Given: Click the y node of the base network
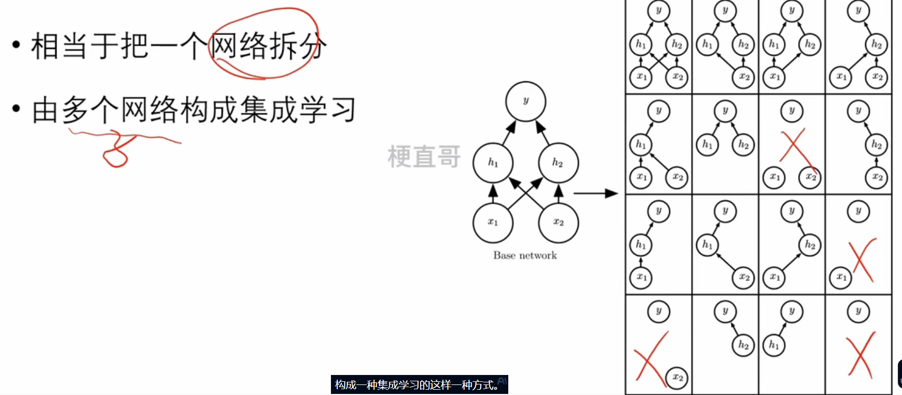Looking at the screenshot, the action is [525, 101].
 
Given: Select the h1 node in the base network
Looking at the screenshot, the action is [493, 162].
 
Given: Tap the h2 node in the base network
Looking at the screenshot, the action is [558, 162].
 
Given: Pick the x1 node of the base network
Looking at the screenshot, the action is [493, 222].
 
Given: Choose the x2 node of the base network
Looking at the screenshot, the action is [558, 222].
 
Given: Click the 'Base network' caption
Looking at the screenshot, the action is [525, 255].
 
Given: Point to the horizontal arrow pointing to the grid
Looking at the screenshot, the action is [595, 194].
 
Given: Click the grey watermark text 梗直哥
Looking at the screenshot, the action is [424, 157].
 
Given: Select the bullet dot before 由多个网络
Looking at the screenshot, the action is [16, 109].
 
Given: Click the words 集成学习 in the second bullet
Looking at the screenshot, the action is [298, 110].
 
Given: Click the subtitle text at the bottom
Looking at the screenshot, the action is [419, 385].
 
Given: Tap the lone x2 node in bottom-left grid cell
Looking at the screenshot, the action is [677, 378].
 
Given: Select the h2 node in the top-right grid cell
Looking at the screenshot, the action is [876, 45].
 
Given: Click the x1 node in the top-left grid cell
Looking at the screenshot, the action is [641, 77].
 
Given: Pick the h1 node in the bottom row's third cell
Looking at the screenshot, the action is [774, 345].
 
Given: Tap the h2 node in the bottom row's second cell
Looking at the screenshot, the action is [743, 345].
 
